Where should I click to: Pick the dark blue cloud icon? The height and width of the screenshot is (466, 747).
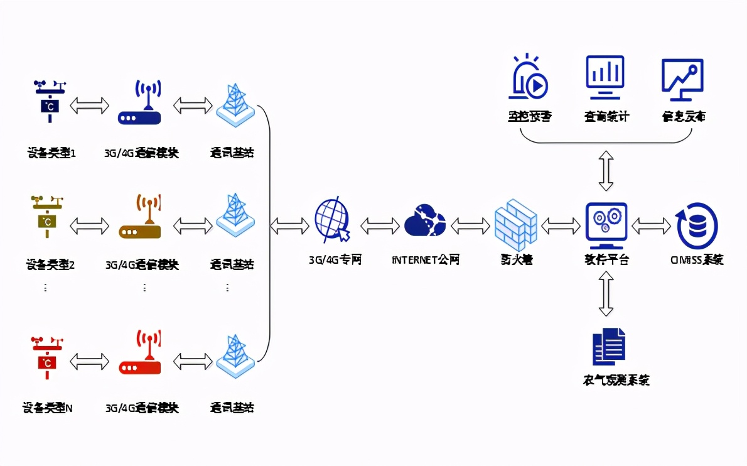(x=424, y=220)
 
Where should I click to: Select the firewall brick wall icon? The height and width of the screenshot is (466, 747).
(x=515, y=223)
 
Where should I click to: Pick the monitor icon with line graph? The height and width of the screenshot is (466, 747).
(x=682, y=79)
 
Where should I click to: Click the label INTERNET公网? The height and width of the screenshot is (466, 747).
(x=425, y=259)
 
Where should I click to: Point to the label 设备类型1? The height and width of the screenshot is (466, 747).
(x=51, y=153)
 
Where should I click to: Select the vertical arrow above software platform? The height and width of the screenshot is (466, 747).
(x=606, y=170)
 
